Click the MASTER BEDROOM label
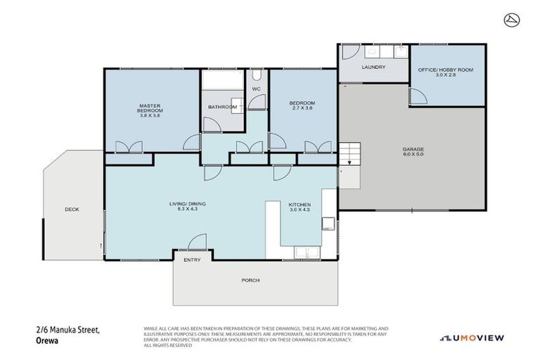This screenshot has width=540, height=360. pos(150,108)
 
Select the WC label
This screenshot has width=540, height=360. pos(256,89)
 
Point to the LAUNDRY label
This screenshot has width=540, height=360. pos(373,67)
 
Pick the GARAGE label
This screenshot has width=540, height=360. pos(413,149)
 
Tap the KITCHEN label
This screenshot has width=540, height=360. pos(300,204)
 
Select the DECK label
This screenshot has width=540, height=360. pos(72,210)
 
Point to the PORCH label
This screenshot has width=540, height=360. pos(250,280)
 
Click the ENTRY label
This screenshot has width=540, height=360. pos(192,260)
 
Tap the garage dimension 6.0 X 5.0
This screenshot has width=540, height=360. pos(413,155)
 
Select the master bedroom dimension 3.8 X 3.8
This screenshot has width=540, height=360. pos(150,116)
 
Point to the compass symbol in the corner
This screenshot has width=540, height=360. pos(511,20)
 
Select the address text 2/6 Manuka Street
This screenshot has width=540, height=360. pos(67,330)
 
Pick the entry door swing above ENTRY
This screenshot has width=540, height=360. pos(198,243)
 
